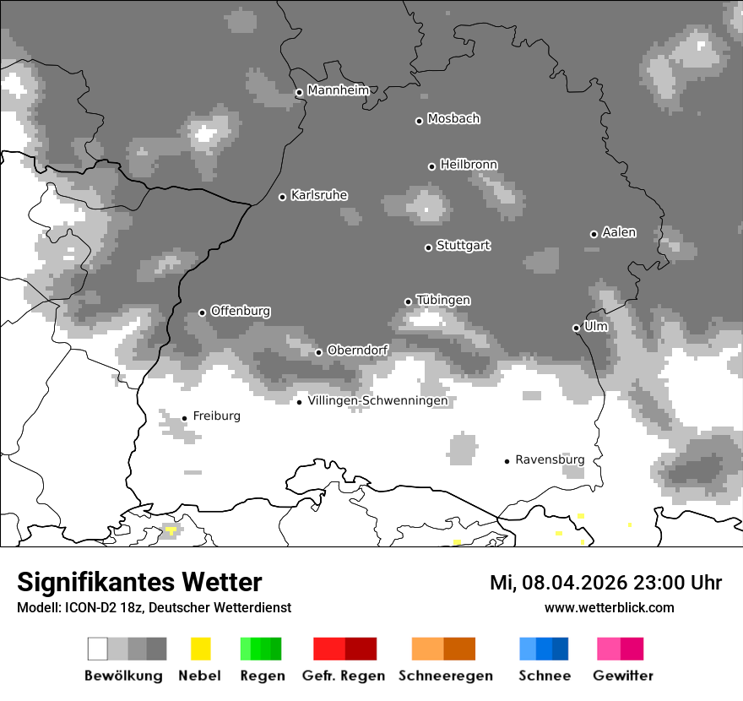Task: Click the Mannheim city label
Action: coord(338,90)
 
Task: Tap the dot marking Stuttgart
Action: coord(428,247)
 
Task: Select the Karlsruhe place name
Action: coord(318,195)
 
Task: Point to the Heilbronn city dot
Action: coord(431,166)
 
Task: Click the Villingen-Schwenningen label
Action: coord(377,400)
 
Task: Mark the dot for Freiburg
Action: coord(184,418)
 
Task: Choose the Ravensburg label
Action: coord(550,459)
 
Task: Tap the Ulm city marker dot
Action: coord(576,328)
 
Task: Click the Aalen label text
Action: coord(619,232)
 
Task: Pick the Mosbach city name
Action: coord(453,119)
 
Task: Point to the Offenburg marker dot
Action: coord(202,312)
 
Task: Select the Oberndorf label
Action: coord(357,350)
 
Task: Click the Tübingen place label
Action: coord(443,300)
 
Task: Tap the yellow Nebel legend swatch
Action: coord(200,649)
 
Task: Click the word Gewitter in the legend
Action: coord(622,676)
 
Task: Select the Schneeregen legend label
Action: coord(445,676)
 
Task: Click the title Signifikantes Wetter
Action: coord(139,582)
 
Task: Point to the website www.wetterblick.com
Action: coord(609,607)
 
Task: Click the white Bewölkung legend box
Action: coord(98,649)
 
